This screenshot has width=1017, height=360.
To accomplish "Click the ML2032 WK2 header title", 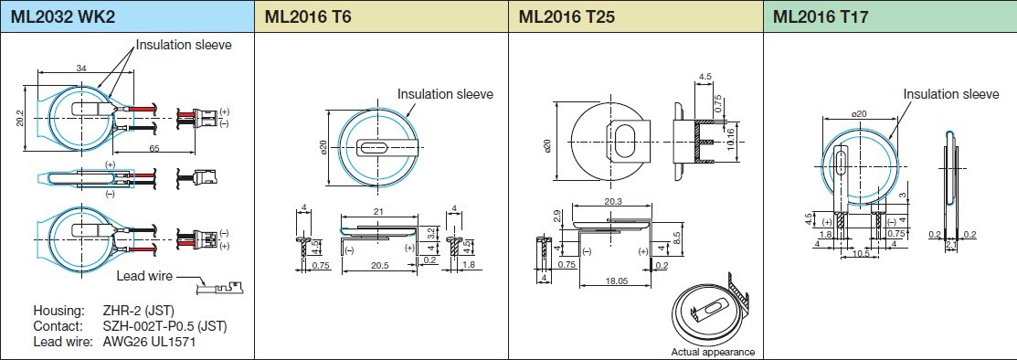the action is coord(63,16).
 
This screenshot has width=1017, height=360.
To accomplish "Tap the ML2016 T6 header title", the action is coord(307,16).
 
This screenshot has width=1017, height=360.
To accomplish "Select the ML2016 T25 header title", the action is coord(567,16).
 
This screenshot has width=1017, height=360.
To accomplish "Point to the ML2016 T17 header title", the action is coord(821,16).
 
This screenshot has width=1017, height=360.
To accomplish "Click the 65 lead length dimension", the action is coord(155,149).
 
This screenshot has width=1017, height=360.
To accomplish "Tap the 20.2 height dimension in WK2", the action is coord(20,117).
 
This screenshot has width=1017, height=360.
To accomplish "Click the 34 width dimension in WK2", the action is coord(81,68).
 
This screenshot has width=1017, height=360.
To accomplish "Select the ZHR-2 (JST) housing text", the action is coord(139,310).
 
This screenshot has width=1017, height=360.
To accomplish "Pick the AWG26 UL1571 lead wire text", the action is coord(149,341).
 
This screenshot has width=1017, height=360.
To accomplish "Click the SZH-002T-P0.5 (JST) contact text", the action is coord(165,325).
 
